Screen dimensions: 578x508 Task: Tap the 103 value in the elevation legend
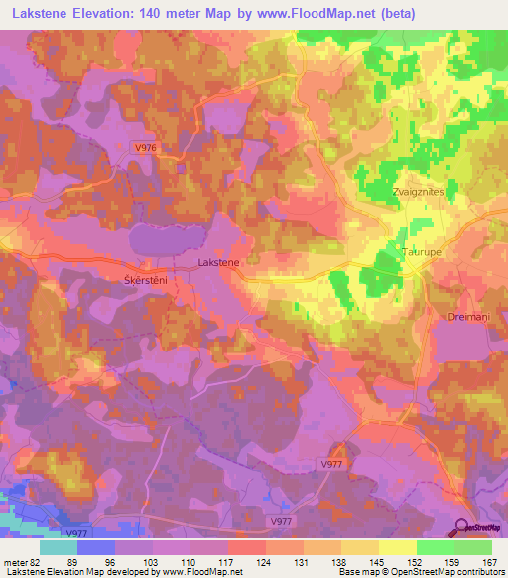click(152, 560)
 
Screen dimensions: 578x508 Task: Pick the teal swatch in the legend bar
click(59, 546)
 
